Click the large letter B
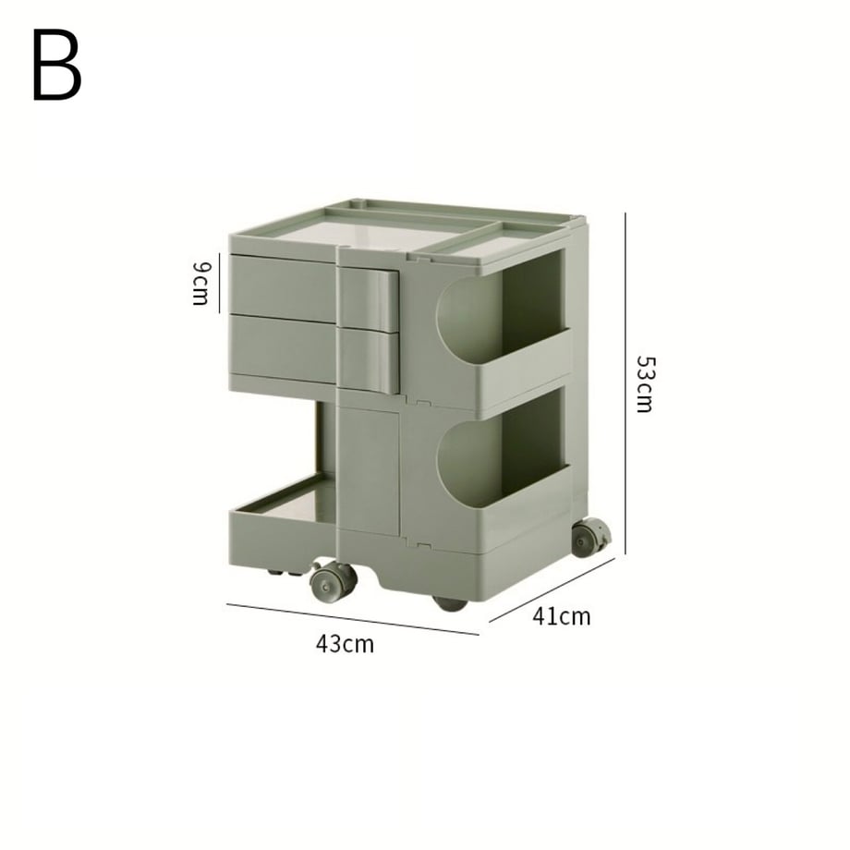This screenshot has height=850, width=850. coord(56,65)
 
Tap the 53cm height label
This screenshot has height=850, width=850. coord(645,383)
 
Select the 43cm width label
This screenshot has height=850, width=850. coord(345,644)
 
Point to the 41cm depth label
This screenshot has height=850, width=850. coord(561,616)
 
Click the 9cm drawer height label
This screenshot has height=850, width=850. coord(200,284)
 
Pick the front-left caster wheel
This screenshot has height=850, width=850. coord(333,581)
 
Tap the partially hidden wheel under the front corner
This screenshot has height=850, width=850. coord(450,603)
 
